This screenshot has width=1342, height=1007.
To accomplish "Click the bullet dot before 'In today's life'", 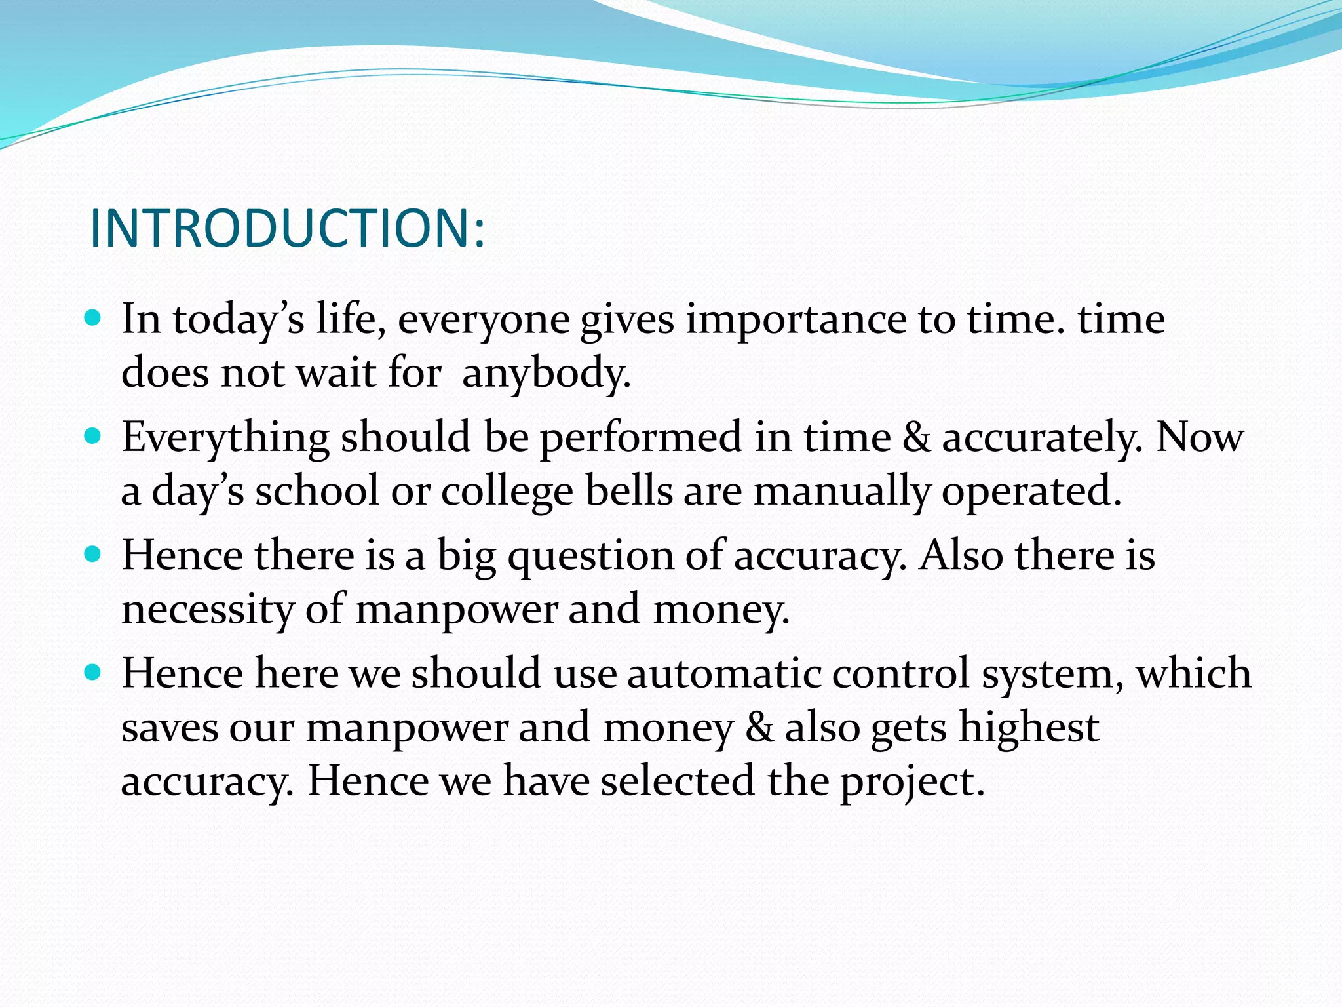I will (x=94, y=319).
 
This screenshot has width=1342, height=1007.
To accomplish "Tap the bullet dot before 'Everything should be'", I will (x=94, y=436).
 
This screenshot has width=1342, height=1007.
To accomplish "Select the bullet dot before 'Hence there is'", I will (x=94, y=555).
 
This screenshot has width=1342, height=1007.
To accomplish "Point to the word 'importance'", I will (x=796, y=320).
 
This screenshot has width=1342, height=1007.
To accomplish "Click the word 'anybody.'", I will (x=546, y=374).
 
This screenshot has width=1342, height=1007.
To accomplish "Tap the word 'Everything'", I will (x=225, y=438).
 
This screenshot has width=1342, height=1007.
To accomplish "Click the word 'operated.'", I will (x=1031, y=492).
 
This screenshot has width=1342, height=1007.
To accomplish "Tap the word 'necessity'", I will (x=208, y=610).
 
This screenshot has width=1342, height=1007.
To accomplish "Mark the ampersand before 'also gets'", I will (x=759, y=727).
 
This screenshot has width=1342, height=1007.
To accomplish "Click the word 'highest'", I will (x=1029, y=728).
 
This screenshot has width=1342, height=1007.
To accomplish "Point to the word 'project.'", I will (x=913, y=781).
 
